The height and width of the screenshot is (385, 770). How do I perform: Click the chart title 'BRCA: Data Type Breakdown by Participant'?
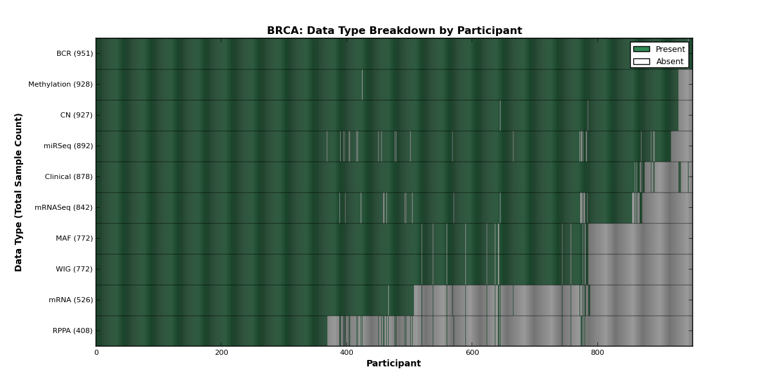point(394,31)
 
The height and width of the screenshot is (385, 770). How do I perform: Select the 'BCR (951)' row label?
point(74,54)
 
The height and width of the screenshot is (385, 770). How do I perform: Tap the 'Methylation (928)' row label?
point(60,84)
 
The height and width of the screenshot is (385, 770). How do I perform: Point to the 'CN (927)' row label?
point(76,115)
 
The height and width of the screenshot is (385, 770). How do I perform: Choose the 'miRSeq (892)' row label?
point(69,146)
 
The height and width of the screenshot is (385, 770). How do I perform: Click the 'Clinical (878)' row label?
point(69,176)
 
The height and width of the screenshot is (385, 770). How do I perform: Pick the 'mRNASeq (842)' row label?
point(64,208)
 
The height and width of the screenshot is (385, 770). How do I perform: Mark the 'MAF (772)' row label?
point(74,238)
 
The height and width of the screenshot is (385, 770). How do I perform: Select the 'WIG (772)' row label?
point(74,269)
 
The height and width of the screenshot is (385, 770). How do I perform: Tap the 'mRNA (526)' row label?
point(71,300)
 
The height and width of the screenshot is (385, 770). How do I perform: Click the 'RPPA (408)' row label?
point(73,330)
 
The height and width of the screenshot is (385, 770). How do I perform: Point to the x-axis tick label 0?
point(97,353)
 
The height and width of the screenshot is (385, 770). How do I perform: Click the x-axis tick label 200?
point(221,353)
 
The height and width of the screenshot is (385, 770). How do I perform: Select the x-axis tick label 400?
point(346,353)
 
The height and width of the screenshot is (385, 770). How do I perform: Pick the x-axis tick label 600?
point(472,353)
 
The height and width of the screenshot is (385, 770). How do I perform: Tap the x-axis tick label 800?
point(597,353)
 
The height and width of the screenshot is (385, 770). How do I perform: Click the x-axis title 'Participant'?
point(393,363)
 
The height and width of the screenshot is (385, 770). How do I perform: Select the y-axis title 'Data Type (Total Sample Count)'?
point(18,193)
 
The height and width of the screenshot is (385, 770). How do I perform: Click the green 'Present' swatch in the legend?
point(642,49)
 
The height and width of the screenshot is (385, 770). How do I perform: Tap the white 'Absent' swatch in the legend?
point(642,62)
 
